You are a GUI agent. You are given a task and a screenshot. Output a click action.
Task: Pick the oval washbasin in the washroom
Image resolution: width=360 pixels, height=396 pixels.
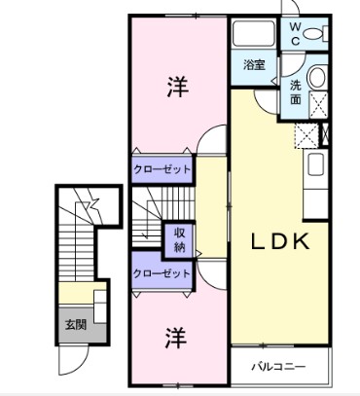click(x=317, y=82)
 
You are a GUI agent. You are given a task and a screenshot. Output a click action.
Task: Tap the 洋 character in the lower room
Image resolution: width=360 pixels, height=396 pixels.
click(x=175, y=339)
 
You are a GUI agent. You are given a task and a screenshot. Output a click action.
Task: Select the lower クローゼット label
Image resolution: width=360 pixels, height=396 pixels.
click(x=162, y=274)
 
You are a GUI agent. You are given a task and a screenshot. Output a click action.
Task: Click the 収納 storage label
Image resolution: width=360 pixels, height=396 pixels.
click(x=180, y=239)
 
